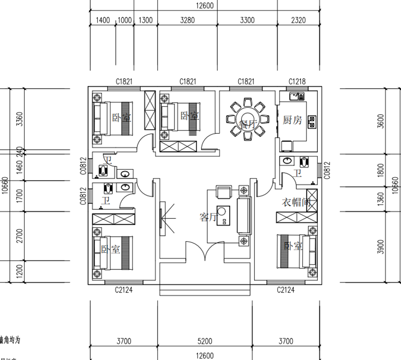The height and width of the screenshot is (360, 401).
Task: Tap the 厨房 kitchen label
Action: coord(293,120)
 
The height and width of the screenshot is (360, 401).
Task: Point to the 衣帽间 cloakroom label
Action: coord(297,202)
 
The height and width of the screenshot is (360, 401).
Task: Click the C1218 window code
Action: coord(297,82)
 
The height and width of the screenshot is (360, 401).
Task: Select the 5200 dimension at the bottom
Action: coord(205,341)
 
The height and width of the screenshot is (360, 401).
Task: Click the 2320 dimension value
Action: coord(297,21)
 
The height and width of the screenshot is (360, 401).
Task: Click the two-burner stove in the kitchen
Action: coord(312,121)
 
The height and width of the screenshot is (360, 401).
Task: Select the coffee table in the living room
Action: coord(222,215)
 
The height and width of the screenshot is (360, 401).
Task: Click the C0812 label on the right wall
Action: coord(327,170)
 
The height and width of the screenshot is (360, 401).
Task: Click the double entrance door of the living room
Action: coord(205,250)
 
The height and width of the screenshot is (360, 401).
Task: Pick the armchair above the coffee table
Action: coord(223,192)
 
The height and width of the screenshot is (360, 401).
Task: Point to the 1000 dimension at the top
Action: coord(124,21)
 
